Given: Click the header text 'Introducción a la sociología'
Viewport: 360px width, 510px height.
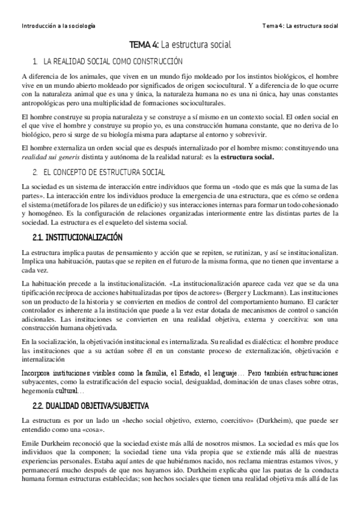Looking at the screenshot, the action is [x=58, y=26].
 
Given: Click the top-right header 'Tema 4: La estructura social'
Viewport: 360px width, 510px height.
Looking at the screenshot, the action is [x=301, y=26].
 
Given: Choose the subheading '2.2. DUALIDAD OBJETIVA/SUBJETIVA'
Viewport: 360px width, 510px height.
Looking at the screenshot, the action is [x=90, y=405].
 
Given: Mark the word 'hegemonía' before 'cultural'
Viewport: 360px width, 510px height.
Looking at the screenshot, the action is [x=37, y=391].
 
